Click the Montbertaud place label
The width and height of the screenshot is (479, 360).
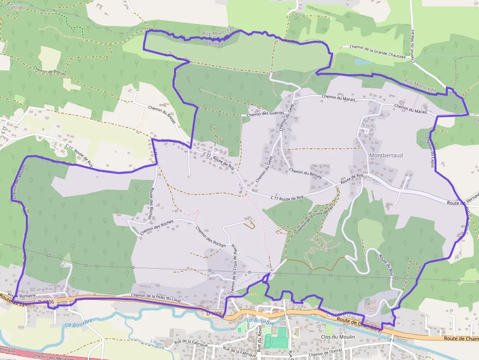[386, 155]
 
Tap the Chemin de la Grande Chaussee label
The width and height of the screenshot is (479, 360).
[377, 52]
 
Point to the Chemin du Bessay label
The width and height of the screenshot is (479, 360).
[305, 174]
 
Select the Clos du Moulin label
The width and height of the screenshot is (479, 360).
[337, 337]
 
